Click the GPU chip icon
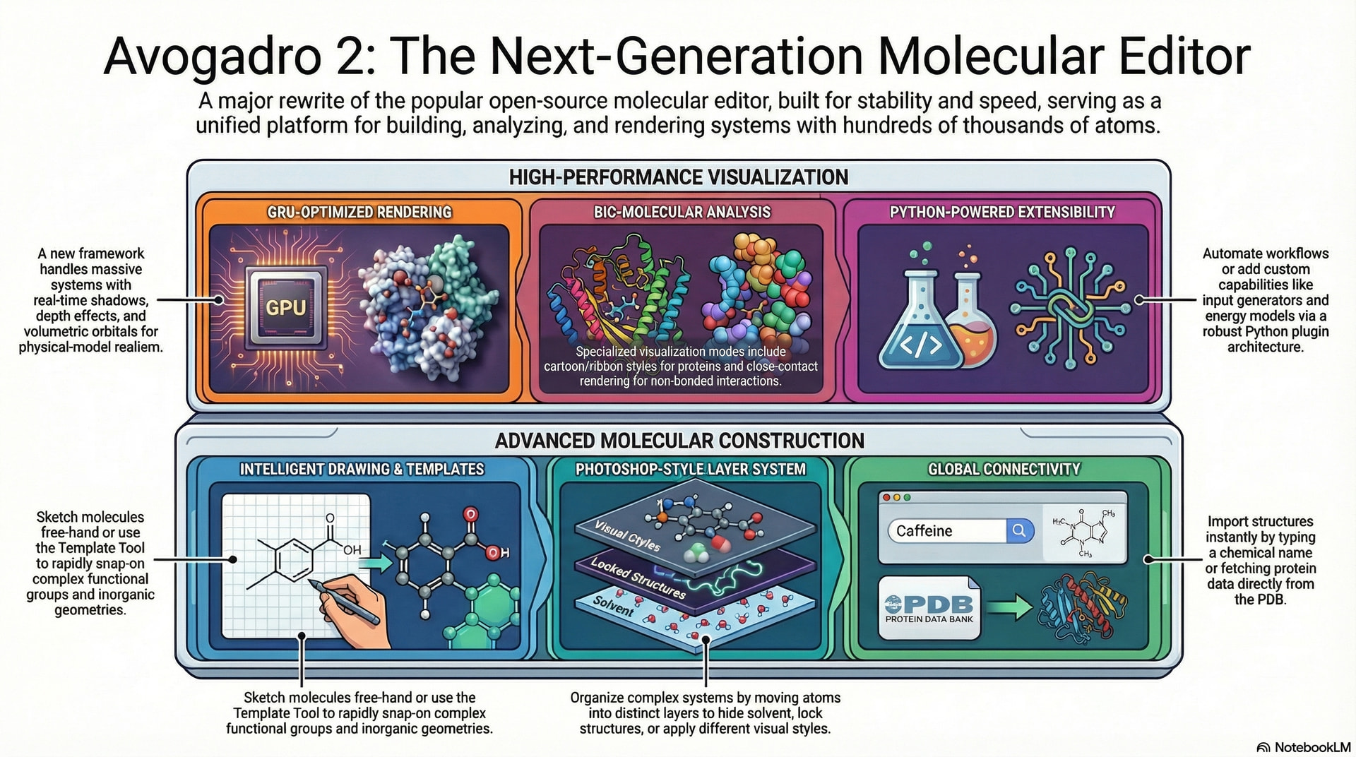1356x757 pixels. (x=285, y=306)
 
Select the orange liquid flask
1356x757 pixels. (x=972, y=321)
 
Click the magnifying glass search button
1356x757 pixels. (x=1019, y=530)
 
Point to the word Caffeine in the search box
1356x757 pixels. (x=924, y=531)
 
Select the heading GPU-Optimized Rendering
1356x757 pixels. (x=359, y=212)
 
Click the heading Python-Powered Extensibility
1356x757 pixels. (x=1002, y=212)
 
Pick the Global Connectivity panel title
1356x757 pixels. (x=1004, y=469)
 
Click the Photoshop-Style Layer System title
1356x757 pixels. (x=690, y=469)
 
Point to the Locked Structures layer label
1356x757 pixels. (x=638, y=578)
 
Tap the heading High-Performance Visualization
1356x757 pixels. (x=679, y=177)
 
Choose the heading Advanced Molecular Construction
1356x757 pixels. (x=679, y=441)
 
